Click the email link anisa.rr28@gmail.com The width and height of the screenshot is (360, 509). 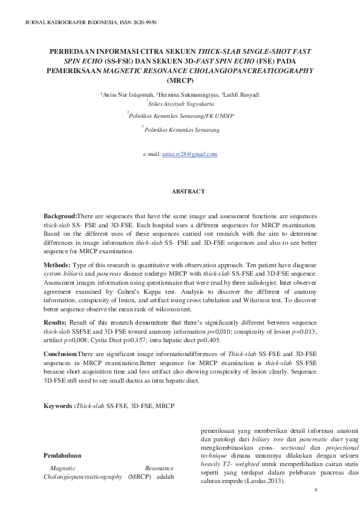(190, 155)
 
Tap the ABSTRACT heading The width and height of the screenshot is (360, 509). (180, 192)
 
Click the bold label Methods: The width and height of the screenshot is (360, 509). (57, 265)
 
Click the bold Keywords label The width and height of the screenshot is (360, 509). (59, 406)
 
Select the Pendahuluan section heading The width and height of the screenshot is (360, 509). (62, 455)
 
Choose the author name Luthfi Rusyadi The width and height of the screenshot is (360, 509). (242, 95)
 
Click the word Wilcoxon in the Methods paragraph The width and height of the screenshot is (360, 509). (272, 299)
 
